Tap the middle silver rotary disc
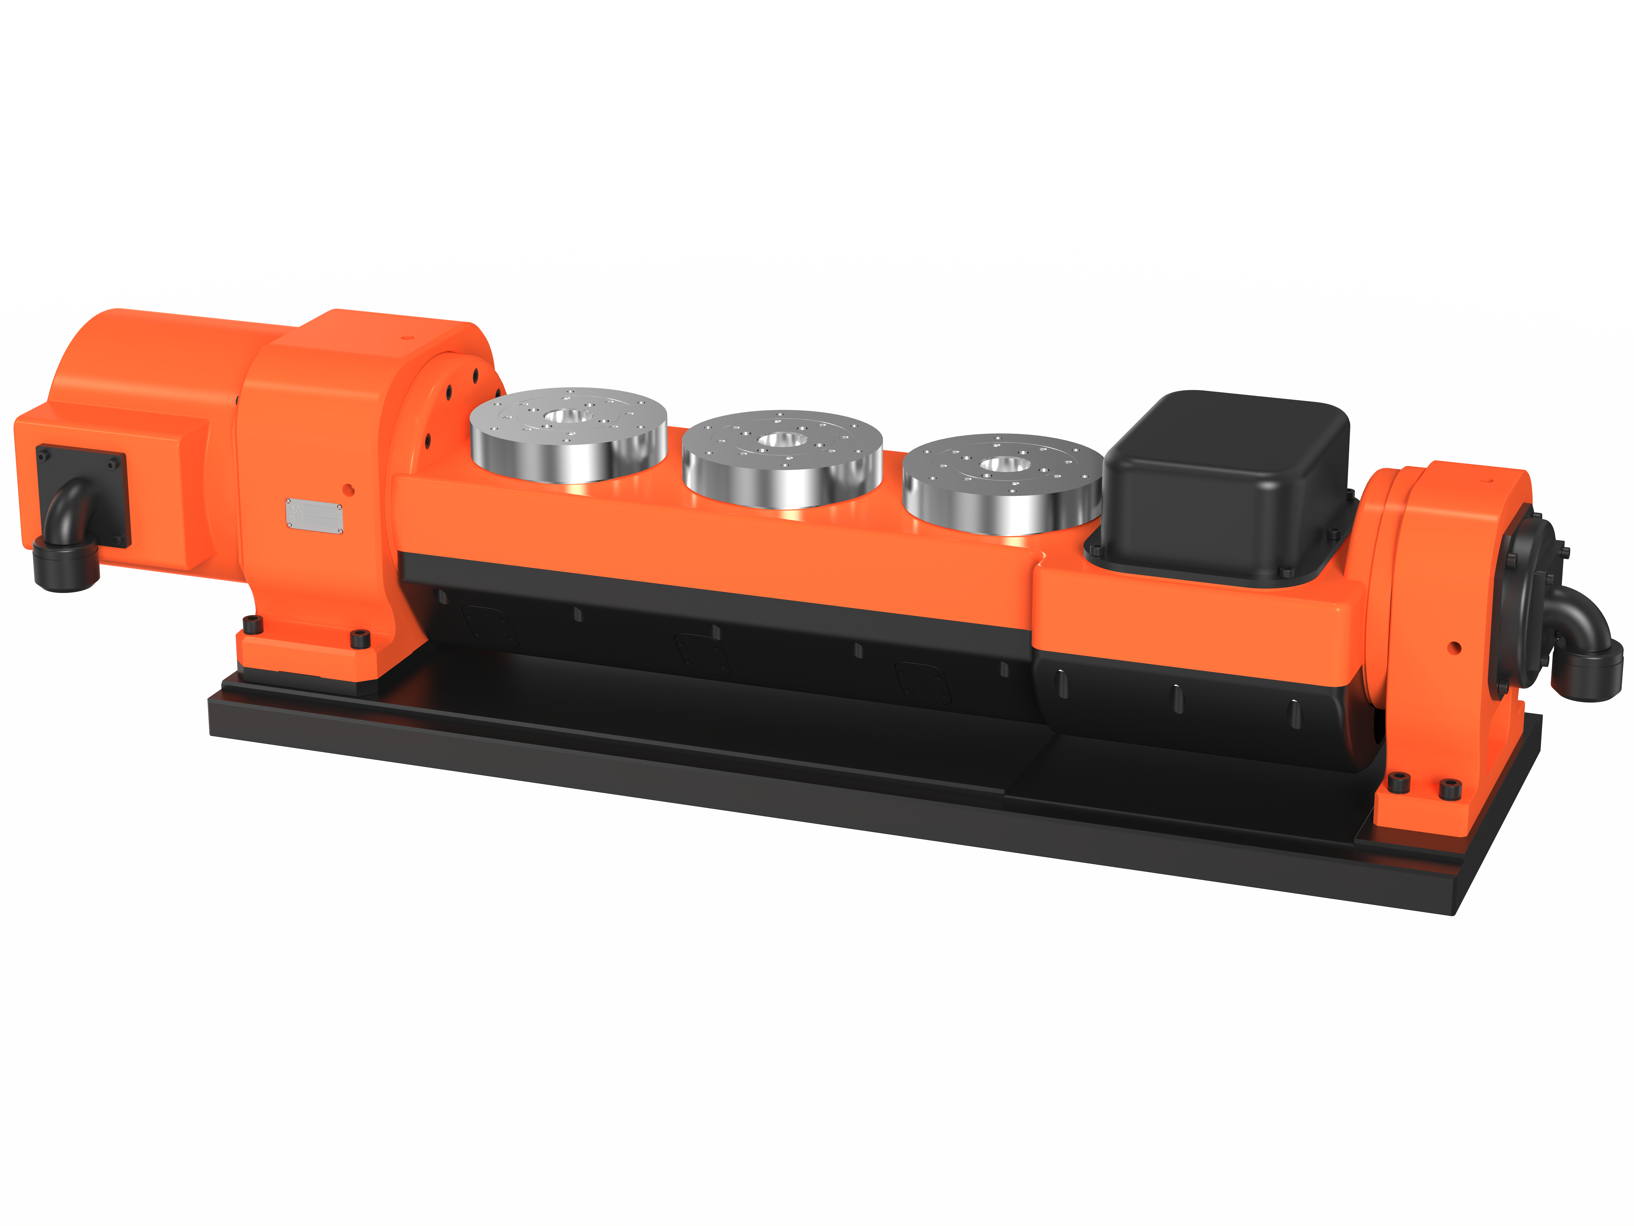781,458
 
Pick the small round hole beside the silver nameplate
349,489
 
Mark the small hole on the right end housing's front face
1454,648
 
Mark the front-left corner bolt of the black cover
1096,550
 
